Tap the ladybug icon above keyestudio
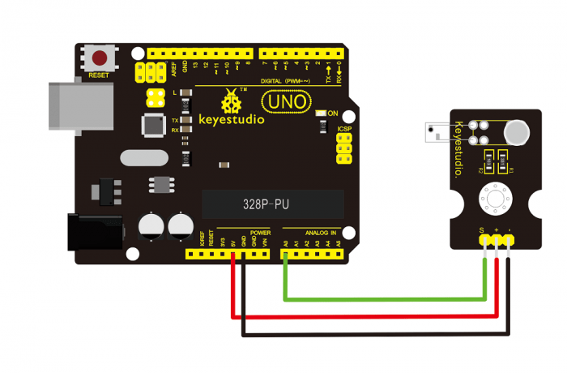pos(232,102)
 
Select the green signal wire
pos(381,299)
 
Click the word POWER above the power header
pos(260,232)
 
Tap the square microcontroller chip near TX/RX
pos(153,125)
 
